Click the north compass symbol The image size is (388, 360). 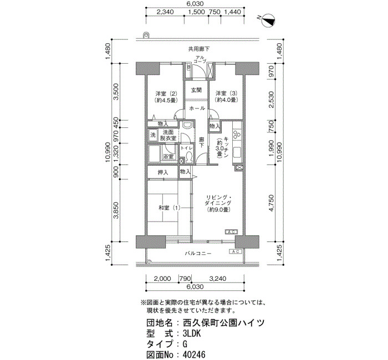[268, 21]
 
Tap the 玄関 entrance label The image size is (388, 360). [196, 90]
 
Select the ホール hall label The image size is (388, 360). [197, 109]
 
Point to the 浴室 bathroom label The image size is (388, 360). [168, 157]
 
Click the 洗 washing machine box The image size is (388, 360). [153, 135]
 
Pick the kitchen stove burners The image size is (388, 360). [237, 133]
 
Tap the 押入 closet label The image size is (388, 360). [163, 172]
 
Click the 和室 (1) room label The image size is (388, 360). [169, 208]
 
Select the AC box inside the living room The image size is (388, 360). [231, 232]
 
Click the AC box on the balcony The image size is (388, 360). [236, 251]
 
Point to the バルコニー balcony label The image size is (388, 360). [198, 254]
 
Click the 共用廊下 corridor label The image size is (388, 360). [199, 49]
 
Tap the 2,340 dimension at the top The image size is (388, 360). [165, 12]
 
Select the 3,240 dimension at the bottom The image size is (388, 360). [218, 279]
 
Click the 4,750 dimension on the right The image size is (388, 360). [272, 203]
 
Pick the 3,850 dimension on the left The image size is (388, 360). [116, 210]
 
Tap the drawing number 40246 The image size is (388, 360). [194, 354]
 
